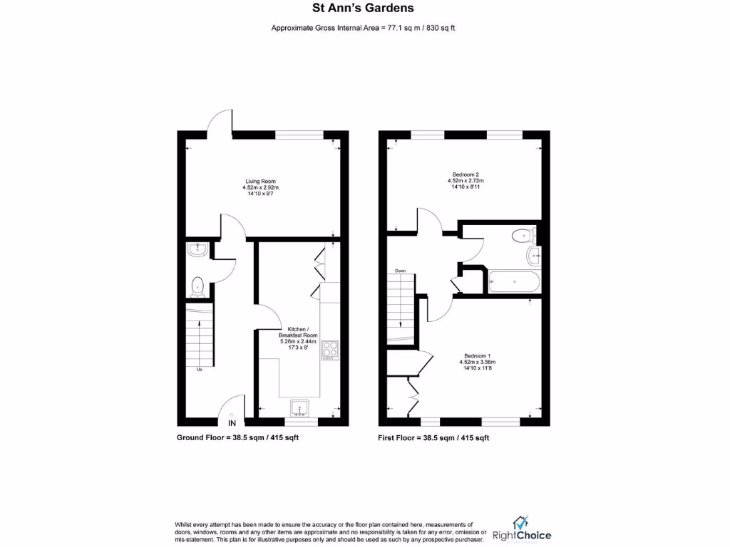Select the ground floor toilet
[x=197, y=286]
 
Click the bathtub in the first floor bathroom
[x=514, y=281]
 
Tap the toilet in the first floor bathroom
[x=522, y=234]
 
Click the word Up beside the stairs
[x=200, y=370]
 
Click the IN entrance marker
[x=232, y=424]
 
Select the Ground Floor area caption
[x=237, y=437]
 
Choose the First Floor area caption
[x=433, y=437]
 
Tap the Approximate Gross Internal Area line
[x=363, y=28]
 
